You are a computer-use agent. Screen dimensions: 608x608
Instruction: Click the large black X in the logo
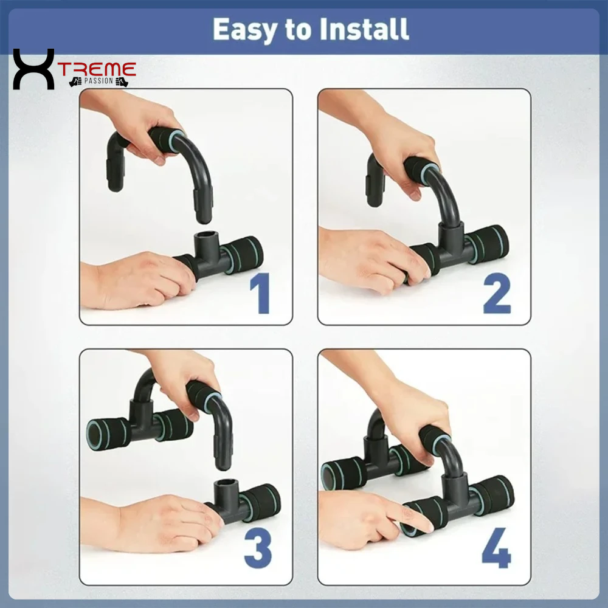(x=33, y=69)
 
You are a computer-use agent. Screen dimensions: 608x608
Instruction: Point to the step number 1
(x=260, y=294)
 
